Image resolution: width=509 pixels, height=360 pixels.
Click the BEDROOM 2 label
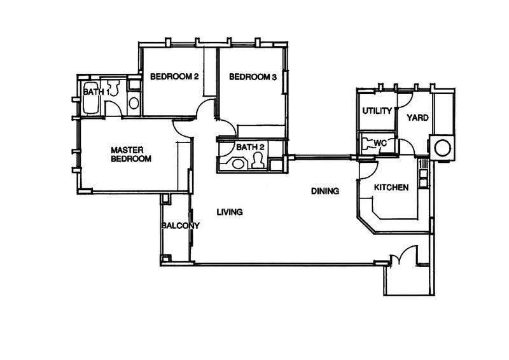coord(174,76)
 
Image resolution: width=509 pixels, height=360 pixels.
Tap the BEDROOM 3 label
coord(253,77)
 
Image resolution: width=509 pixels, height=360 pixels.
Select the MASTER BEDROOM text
coord(131,155)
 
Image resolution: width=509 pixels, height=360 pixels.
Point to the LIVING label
coord(230,212)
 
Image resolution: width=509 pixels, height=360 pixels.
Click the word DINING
coord(325,191)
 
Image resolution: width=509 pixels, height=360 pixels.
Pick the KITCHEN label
coord(391,187)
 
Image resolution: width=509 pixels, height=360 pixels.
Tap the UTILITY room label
coord(377,111)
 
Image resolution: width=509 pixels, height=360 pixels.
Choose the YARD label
coord(418,118)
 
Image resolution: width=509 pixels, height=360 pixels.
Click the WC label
coord(380,143)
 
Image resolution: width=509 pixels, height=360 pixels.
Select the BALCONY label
coord(181,225)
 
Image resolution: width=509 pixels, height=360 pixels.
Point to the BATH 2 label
coord(250,147)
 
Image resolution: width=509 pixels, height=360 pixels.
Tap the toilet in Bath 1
coord(113,87)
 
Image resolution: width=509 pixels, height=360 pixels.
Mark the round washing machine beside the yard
coord(442,148)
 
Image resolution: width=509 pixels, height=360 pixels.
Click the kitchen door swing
coord(368,169)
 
